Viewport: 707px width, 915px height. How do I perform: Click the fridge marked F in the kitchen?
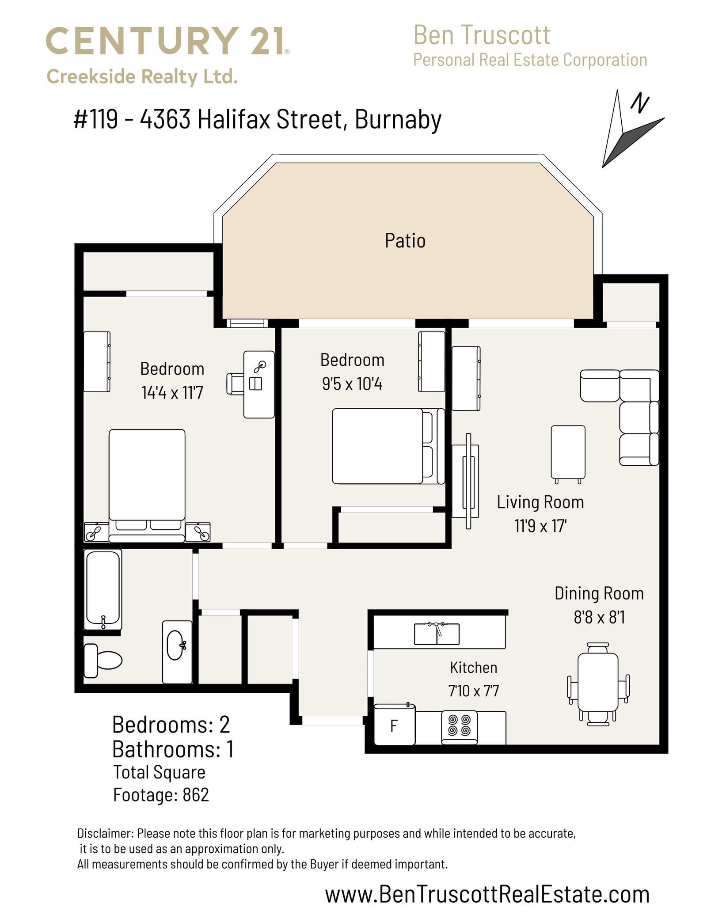(395, 725)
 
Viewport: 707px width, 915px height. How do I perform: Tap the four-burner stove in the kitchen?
(459, 726)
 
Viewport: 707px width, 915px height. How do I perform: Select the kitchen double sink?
(437, 634)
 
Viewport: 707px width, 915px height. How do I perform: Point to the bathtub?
(103, 590)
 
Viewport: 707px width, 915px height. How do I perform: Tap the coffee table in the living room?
(568, 452)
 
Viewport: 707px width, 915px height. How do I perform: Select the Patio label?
(405, 241)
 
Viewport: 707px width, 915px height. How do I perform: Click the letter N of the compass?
(639, 103)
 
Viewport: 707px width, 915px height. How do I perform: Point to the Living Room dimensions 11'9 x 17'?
(540, 526)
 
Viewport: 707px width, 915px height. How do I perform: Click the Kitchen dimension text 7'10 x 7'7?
(473, 691)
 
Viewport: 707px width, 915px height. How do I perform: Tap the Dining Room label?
(599, 593)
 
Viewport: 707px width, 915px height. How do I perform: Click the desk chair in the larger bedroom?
(235, 383)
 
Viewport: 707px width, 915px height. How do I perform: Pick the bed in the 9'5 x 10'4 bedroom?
(388, 446)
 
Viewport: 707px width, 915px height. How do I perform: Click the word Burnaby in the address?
(398, 120)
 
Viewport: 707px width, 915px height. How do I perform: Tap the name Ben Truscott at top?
(482, 35)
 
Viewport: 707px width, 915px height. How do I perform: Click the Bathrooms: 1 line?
(173, 749)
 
